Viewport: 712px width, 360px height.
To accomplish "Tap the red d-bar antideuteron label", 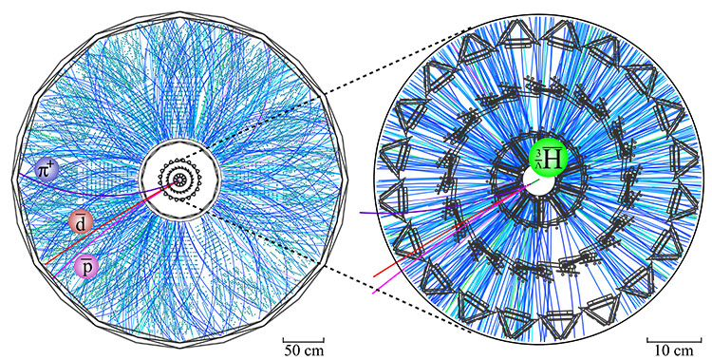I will click(x=82, y=222).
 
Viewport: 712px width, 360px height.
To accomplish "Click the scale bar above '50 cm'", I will click(x=304, y=337).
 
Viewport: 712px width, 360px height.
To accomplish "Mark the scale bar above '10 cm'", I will click(x=667, y=337).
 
